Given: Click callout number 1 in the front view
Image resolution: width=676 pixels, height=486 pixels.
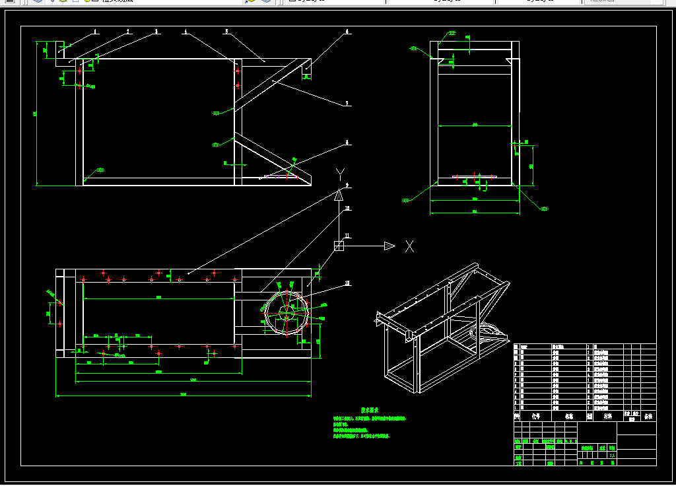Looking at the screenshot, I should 95,31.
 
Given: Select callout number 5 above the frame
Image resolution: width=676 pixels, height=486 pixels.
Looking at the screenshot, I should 226,31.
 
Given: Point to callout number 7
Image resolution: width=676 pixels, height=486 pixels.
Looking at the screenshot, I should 347,103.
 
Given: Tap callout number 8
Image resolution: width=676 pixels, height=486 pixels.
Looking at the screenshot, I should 347,142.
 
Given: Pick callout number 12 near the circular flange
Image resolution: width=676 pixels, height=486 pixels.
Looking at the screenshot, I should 347,284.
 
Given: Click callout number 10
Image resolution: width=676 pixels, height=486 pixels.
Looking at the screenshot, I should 347,208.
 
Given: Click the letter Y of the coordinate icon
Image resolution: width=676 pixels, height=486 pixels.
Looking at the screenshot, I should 340,174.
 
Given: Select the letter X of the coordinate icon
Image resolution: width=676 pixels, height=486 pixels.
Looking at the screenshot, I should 409,246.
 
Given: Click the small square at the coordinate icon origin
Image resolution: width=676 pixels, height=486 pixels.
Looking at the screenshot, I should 339,246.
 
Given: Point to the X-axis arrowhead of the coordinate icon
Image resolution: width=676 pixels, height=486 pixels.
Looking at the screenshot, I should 389,246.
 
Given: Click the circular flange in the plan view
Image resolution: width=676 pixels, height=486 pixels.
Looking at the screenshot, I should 287,313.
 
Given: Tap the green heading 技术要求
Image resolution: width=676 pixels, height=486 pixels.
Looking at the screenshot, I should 368,410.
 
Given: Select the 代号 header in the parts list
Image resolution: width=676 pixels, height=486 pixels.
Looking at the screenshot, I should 535,417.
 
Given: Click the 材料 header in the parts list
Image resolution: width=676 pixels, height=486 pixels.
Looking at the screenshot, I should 607,417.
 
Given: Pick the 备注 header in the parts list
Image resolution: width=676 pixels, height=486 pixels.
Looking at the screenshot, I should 648,417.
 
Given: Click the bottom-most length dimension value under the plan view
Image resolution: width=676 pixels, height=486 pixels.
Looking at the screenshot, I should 183,394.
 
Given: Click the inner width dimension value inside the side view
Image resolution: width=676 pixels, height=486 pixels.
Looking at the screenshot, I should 474,124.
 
